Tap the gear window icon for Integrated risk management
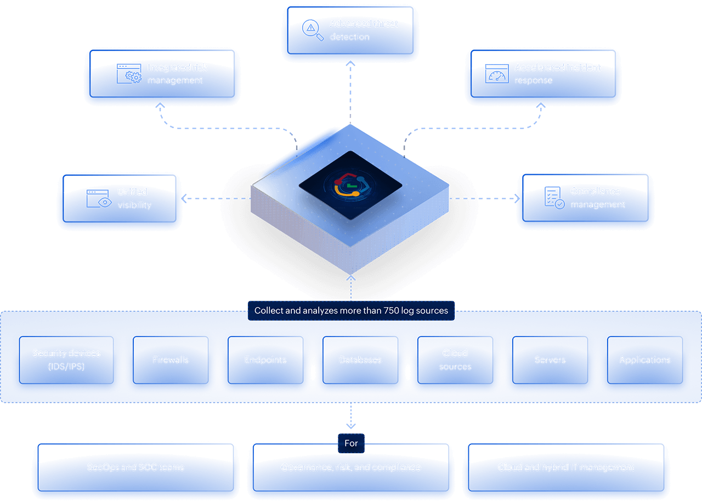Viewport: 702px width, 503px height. tap(129, 73)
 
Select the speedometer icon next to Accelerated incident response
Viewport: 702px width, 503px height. tap(497, 73)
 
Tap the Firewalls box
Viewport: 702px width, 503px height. tap(171, 360)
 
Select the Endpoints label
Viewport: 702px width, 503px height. tap(265, 360)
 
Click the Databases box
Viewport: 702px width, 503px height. tap(360, 360)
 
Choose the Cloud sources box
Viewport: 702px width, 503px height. tap(455, 360)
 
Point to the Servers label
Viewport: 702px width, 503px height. tap(550, 360)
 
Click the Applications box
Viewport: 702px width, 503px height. tap(645, 360)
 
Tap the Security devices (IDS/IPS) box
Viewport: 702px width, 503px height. tap(66, 360)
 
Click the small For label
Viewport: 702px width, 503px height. tap(351, 443)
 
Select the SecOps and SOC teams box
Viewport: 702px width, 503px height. tap(135, 468)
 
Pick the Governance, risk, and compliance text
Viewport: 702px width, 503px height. tap(351, 468)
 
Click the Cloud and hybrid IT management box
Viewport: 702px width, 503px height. tap(566, 468)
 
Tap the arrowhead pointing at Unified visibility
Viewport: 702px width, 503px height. tap(184, 198)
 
